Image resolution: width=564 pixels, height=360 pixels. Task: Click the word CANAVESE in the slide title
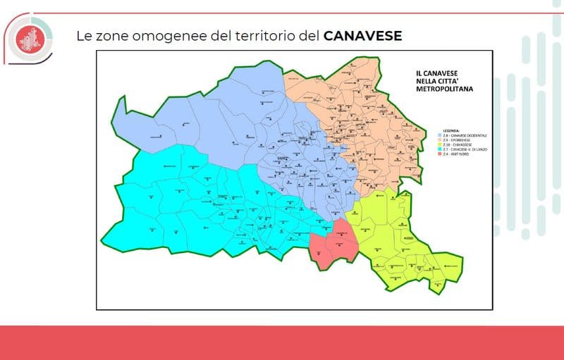pos(362,35)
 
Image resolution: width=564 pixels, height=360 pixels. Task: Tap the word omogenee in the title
pos(159,35)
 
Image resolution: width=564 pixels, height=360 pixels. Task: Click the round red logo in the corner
pos(30,38)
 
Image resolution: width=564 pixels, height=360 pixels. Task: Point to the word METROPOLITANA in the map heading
pos(443,90)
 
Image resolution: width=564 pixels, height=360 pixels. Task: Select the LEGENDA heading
pos(450,131)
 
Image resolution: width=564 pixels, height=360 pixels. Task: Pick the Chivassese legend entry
pos(457,146)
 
